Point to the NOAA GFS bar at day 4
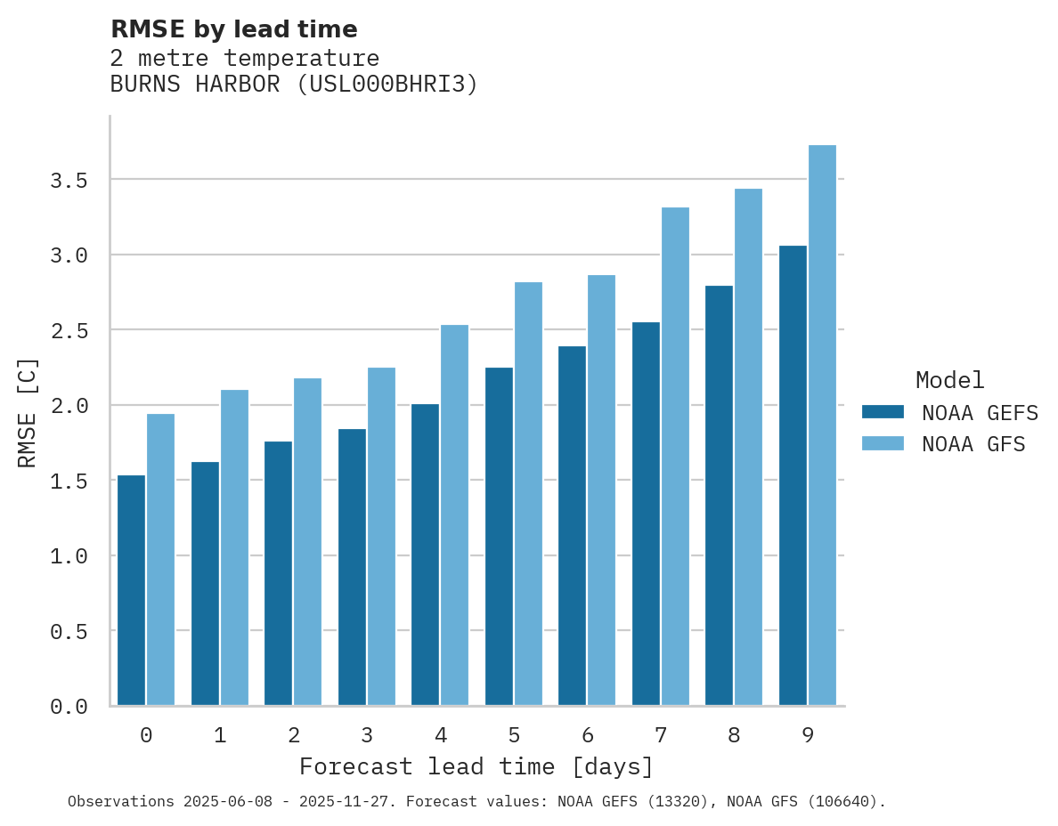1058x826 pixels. click(x=454, y=515)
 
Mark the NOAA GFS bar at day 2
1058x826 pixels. click(x=307, y=542)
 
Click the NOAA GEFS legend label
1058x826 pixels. click(x=980, y=413)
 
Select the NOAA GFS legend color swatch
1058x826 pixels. click(x=883, y=443)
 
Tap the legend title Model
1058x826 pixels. click(x=949, y=380)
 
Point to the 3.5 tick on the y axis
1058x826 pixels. click(x=69, y=181)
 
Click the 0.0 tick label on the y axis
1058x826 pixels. click(x=69, y=707)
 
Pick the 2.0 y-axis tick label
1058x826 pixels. click(x=69, y=406)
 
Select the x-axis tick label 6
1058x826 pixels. click(x=588, y=735)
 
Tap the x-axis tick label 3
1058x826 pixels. click(x=367, y=735)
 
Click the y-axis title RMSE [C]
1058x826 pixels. click(x=28, y=412)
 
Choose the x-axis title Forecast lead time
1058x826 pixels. click(x=476, y=766)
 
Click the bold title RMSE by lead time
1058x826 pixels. click(x=233, y=29)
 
